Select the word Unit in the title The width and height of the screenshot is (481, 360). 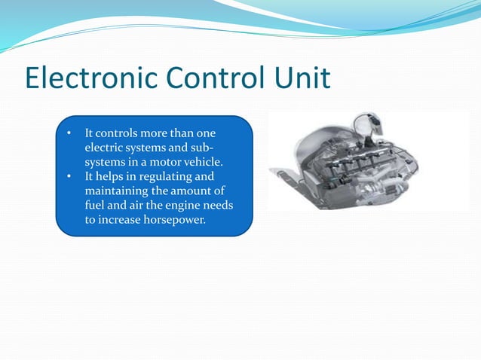coord(306,79)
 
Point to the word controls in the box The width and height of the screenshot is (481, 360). coord(119,134)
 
